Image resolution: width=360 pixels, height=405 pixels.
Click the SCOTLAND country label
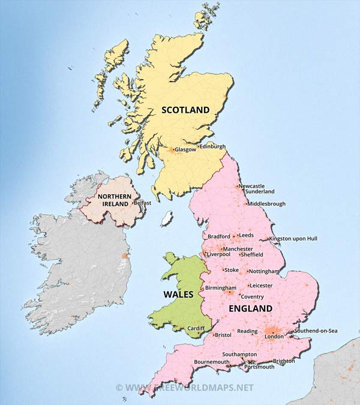pyautogui.click(x=185, y=110)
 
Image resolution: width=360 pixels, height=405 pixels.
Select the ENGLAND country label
pyautogui.click(x=250, y=308)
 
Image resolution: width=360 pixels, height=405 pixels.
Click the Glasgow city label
pyautogui.click(x=185, y=150)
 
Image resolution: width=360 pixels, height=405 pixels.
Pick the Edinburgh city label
pyautogui.click(x=212, y=146)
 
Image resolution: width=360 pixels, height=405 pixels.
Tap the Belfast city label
pyautogui.click(x=143, y=203)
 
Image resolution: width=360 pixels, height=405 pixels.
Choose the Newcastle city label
pyautogui.click(x=251, y=186)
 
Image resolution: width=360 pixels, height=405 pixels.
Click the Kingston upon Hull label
pyautogui.click(x=293, y=238)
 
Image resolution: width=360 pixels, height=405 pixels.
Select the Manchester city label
pyautogui.click(x=238, y=248)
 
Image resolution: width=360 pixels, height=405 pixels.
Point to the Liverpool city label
pyautogui.click(x=219, y=254)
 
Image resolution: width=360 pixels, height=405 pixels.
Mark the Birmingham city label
pyautogui.click(x=220, y=288)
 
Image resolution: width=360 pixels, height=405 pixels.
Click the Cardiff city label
pyautogui.click(x=196, y=328)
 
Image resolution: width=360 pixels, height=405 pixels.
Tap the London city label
pyautogui.click(x=274, y=337)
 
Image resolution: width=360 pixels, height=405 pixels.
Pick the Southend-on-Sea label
pyautogui.click(x=316, y=331)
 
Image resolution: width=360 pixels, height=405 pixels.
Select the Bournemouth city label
pyautogui.click(x=211, y=362)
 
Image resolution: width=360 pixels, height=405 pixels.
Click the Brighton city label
pyautogui.click(x=284, y=361)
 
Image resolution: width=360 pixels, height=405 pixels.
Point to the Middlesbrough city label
pyautogui.click(x=266, y=203)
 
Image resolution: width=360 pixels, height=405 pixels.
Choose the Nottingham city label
pyautogui.click(x=264, y=271)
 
